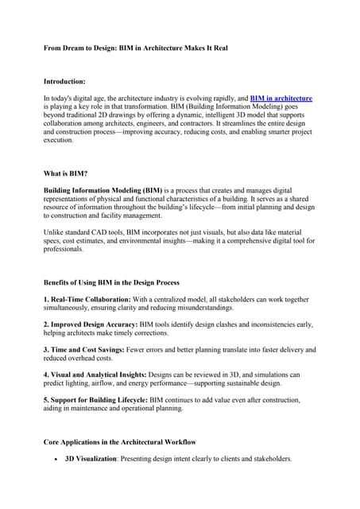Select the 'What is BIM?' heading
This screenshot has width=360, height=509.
point(65,175)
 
